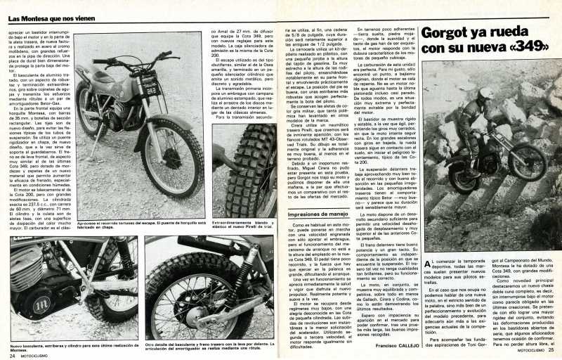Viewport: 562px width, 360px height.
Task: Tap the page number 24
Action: point(13,355)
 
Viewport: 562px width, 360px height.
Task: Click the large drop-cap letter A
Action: point(429,264)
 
